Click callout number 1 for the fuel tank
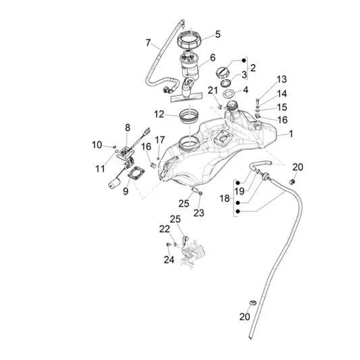pyautogui.click(x=291, y=134)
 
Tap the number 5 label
pyautogui.click(x=217, y=34)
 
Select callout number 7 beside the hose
pyautogui.click(x=149, y=43)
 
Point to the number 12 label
pyautogui.click(x=158, y=114)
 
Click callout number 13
pyautogui.click(x=282, y=79)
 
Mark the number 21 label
pyautogui.click(x=212, y=91)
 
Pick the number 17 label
pyautogui.click(x=160, y=140)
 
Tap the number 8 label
pyautogui.click(x=127, y=127)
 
